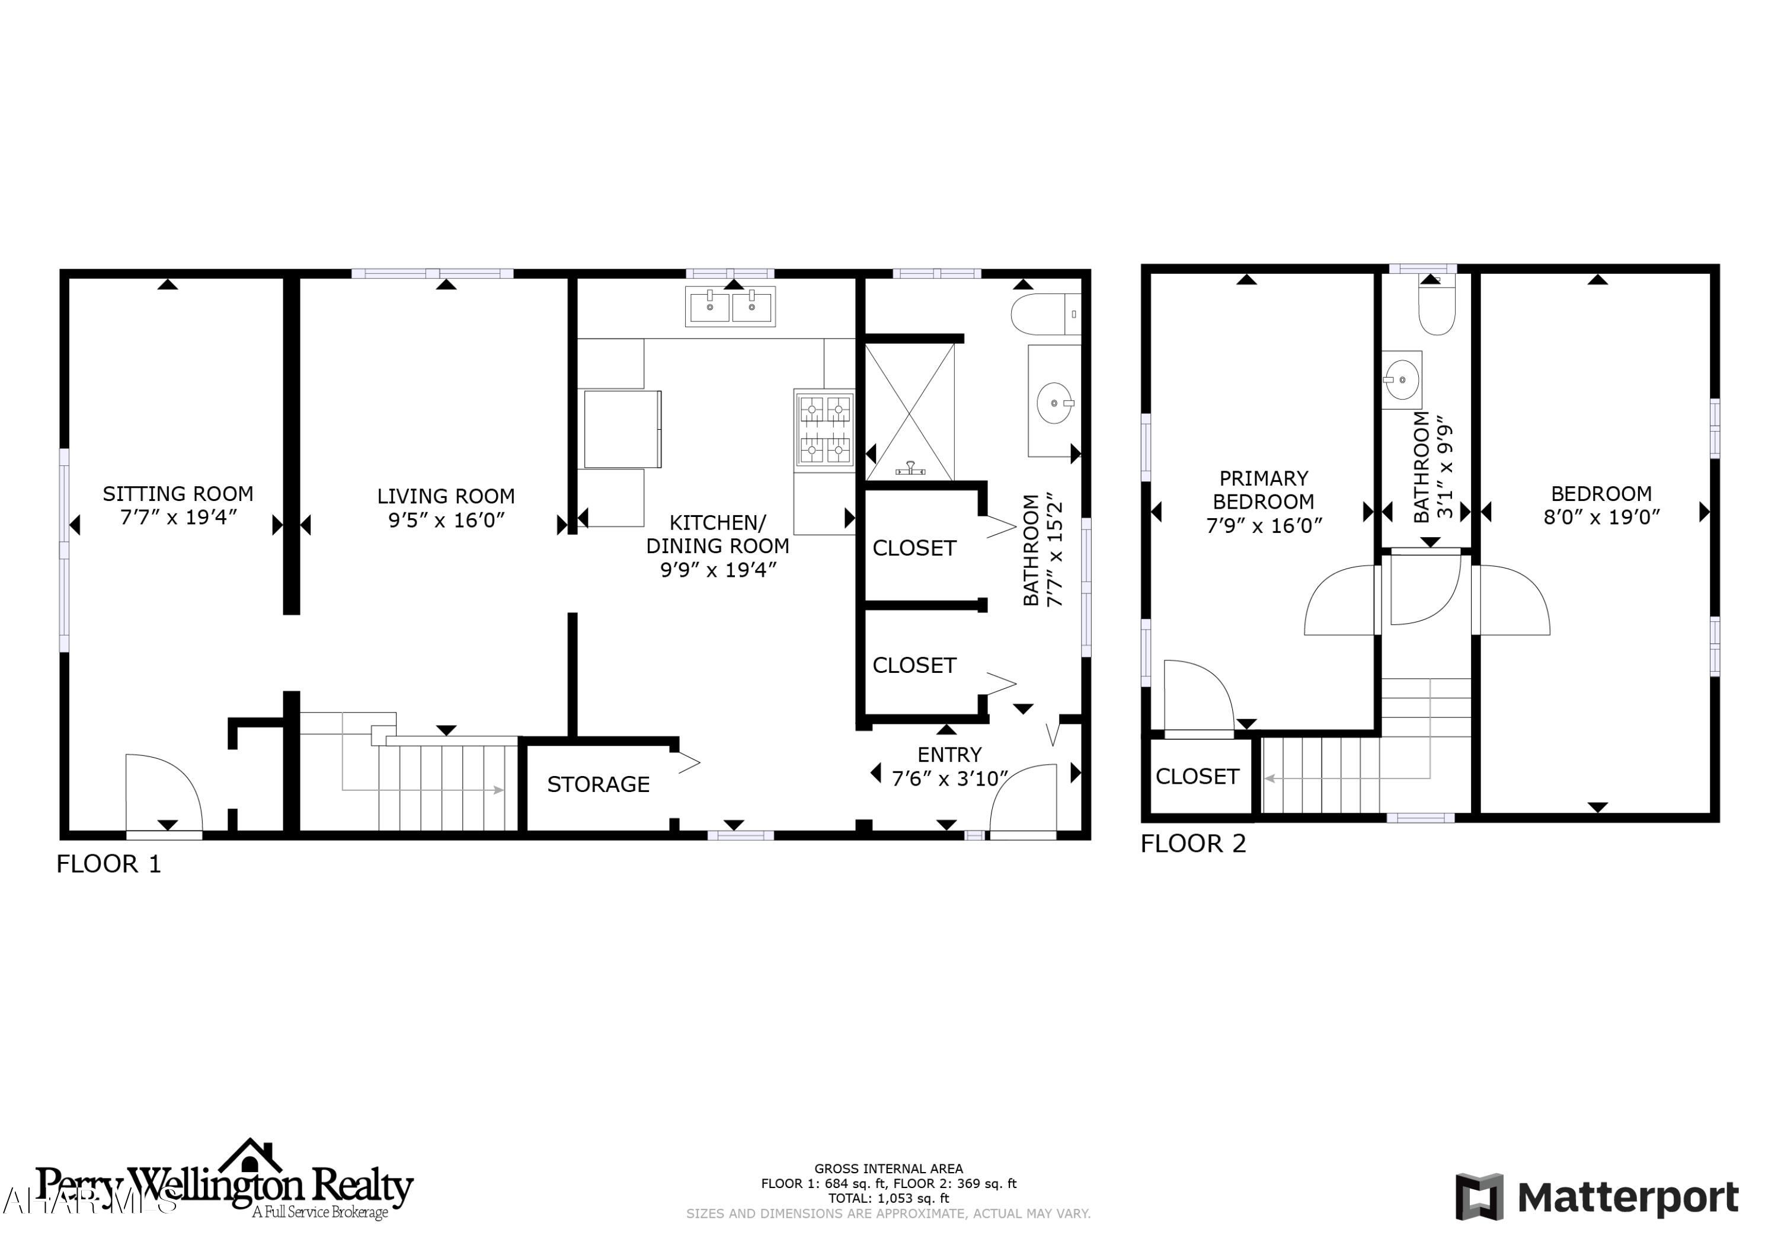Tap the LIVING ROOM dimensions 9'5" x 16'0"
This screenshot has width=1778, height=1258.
coord(446,520)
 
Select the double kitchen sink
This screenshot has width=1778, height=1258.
coord(730,306)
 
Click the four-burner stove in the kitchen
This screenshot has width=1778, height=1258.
coord(825,429)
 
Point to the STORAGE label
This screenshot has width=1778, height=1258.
coord(598,785)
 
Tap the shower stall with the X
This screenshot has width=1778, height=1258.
coord(909,412)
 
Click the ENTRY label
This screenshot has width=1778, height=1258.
coord(949,755)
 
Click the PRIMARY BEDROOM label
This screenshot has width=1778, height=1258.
coord(1263,490)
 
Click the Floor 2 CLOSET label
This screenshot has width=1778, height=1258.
coord(1197,776)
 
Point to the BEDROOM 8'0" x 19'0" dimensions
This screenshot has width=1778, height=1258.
coord(1601,518)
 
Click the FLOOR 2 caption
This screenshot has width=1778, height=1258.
coord(1192,844)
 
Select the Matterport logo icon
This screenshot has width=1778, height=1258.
coord(1479,1197)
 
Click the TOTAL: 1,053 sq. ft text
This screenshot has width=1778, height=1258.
coord(888,1198)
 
